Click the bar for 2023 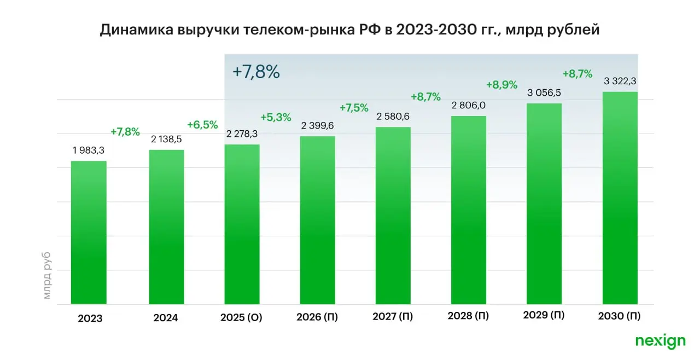point(89,233)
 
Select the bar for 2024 point(166,227)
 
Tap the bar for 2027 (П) point(393,216)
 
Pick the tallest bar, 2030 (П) point(620,198)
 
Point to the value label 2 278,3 point(242,135)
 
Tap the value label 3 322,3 point(620,82)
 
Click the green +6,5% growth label point(202,125)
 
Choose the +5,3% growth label point(276,117)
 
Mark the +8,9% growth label point(501,85)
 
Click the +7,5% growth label point(354,108)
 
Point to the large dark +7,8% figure point(256,72)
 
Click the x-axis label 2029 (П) point(544,315)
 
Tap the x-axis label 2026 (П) point(317,317)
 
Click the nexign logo point(660,341)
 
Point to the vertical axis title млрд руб point(47,275)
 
